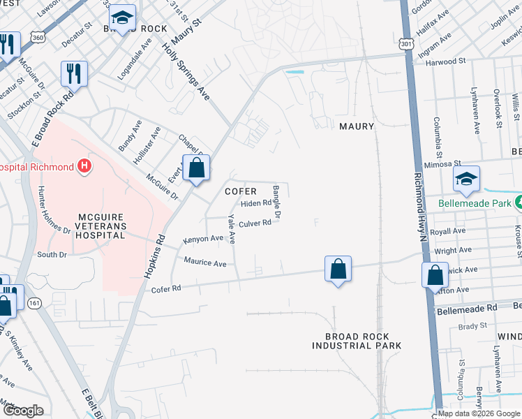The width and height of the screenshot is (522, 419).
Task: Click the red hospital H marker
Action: (x=84, y=166)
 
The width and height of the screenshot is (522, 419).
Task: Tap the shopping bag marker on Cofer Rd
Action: (x=338, y=268)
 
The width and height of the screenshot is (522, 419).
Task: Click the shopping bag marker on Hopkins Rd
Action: (x=197, y=168)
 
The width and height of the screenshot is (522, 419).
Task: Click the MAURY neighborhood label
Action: (x=357, y=126)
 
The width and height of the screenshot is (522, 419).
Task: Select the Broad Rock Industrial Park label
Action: (x=357, y=341)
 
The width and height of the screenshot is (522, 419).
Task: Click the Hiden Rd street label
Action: (x=255, y=203)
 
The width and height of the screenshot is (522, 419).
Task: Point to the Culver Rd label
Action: (x=255, y=223)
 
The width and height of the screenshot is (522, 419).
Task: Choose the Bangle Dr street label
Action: (x=276, y=203)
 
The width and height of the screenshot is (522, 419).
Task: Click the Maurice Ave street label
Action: (x=205, y=263)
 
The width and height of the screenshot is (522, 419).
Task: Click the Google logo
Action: (x=22, y=411)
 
